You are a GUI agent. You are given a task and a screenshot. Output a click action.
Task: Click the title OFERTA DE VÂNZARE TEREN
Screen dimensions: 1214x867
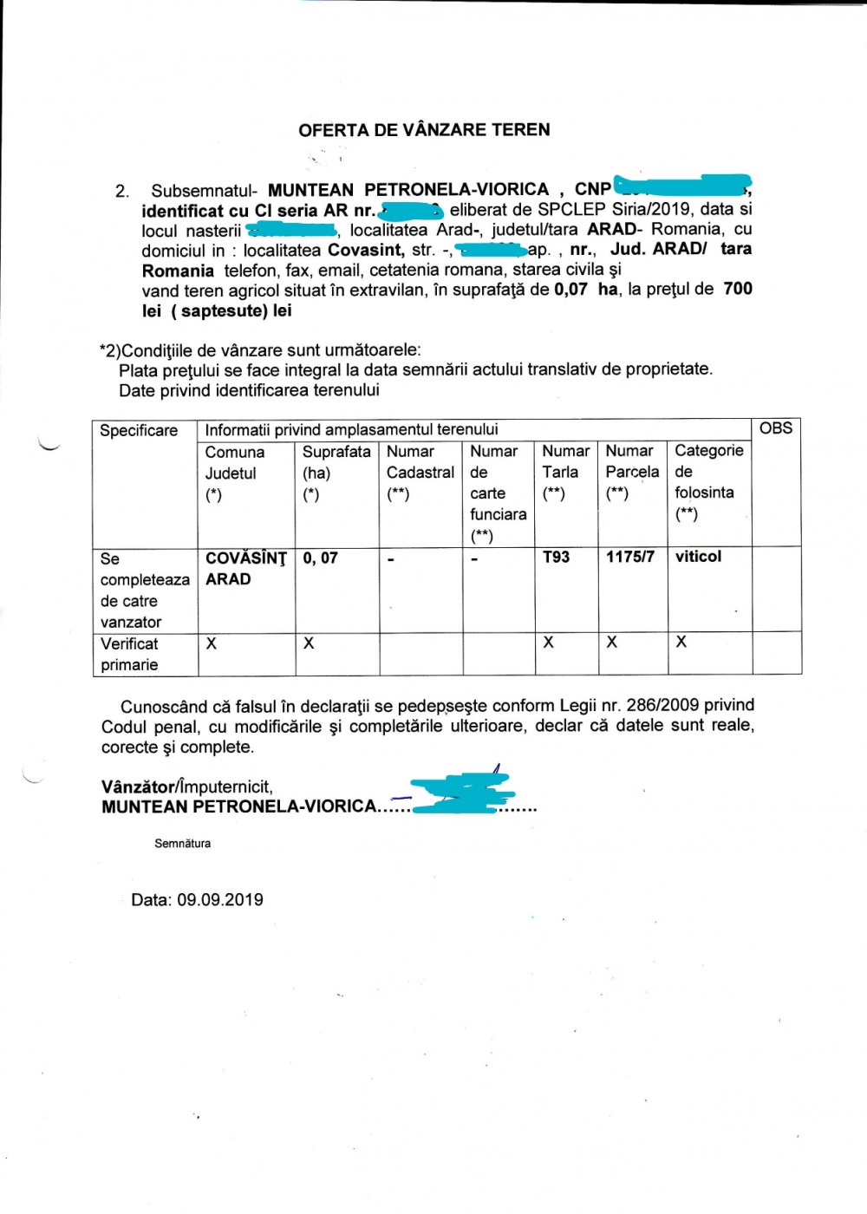pyautogui.click(x=424, y=130)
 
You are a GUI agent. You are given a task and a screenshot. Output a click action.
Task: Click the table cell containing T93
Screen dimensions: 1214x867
pyautogui.click(x=556, y=557)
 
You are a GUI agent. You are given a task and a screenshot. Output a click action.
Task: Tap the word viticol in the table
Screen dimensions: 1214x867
pyautogui.click(x=698, y=557)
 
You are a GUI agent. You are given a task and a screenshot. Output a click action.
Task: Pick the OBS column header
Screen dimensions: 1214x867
pyautogui.click(x=775, y=428)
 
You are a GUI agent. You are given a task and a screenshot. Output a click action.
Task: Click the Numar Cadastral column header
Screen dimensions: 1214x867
pyautogui.click(x=420, y=473)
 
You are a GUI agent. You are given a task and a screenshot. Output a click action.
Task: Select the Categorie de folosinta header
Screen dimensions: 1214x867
pyautogui.click(x=708, y=481)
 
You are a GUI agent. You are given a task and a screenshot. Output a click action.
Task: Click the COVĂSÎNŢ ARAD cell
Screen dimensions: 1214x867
pyautogui.click(x=245, y=569)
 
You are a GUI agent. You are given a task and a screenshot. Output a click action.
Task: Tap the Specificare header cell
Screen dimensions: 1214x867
pyautogui.click(x=139, y=431)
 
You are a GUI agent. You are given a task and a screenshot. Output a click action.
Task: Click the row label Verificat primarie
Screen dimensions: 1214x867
pyautogui.click(x=130, y=654)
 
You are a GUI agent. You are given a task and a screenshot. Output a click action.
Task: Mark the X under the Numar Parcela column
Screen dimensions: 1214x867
pyautogui.click(x=612, y=643)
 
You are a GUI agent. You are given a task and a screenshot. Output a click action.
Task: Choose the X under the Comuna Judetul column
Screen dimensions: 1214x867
pyautogui.click(x=212, y=643)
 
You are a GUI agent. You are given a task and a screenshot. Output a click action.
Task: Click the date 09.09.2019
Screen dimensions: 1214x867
pyautogui.click(x=220, y=900)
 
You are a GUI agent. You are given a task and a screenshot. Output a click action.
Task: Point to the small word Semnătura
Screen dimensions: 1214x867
pyautogui.click(x=182, y=843)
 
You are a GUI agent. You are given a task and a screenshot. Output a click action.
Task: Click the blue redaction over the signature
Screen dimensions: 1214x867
pyautogui.click(x=460, y=793)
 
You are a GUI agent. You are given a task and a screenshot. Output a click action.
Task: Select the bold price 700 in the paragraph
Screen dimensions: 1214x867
pyautogui.click(x=737, y=289)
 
